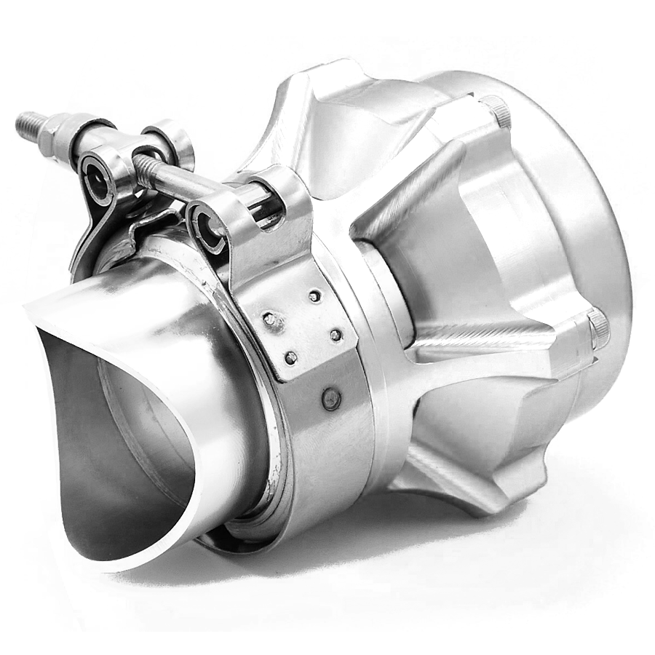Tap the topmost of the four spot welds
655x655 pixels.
point(314,296)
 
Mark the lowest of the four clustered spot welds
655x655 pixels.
point(290,357)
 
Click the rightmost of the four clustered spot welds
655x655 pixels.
point(336,335)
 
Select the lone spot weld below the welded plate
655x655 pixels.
point(331,398)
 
